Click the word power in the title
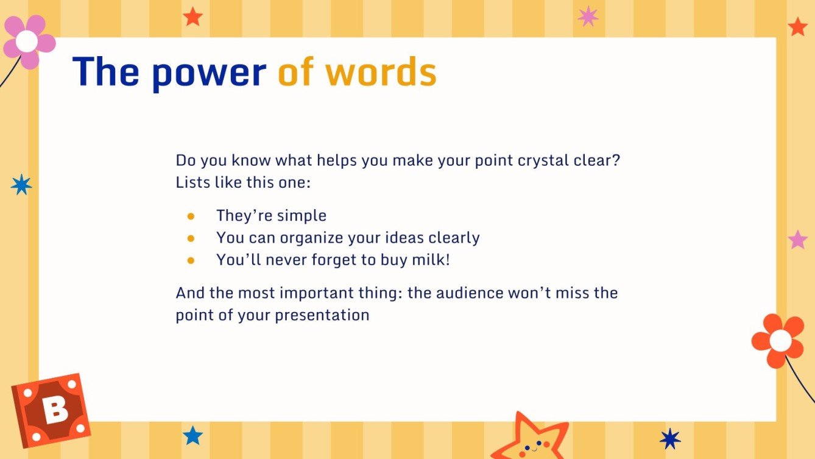pyautogui.click(x=208, y=73)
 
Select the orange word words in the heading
pyautogui.click(x=381, y=72)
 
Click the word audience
pyautogui.click(x=467, y=293)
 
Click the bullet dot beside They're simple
pyautogui.click(x=191, y=216)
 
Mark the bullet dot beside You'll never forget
pyautogui.click(x=191, y=260)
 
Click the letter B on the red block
pyautogui.click(x=55, y=410)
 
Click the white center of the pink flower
pyautogui.click(x=26, y=41)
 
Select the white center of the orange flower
pyautogui.click(x=780, y=340)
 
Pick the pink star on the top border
pyautogui.click(x=588, y=16)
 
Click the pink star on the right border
pyautogui.click(x=797, y=240)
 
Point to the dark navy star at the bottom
pyautogui.click(x=670, y=438)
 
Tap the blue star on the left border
pyautogui.click(x=21, y=184)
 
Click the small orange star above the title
pyautogui.click(x=192, y=16)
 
